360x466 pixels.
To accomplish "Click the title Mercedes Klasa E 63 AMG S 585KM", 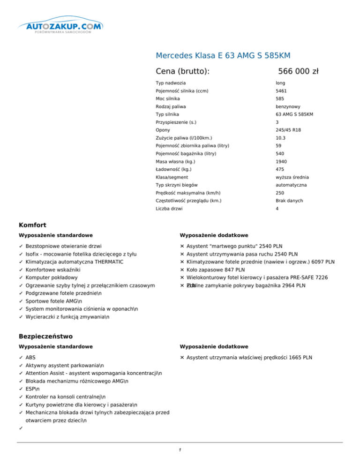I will [223, 56].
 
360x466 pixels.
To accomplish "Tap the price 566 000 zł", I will [298, 71].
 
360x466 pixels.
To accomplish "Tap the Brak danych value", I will [289, 201].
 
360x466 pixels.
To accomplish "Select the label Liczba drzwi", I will [170, 208].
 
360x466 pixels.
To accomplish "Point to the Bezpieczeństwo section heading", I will [45, 336].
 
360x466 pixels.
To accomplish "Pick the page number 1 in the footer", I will [180, 451].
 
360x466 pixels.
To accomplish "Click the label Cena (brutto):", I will [182, 71].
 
